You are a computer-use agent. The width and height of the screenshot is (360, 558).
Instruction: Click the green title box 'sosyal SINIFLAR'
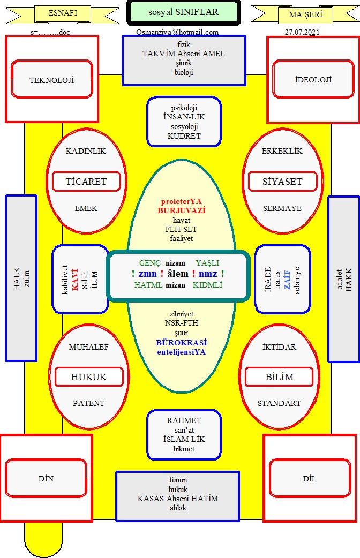point(183,12)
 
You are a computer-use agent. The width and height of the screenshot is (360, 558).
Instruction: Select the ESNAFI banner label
point(63,13)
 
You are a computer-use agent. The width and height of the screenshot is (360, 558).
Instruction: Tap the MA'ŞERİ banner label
point(305,14)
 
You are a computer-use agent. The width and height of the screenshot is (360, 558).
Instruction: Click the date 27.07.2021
point(302,32)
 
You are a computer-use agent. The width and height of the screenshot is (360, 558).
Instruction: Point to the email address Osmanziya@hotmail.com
point(177,32)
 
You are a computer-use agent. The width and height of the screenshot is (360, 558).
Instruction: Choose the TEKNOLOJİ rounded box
point(52,79)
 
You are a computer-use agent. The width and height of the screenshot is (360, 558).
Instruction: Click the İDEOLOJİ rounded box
point(313,79)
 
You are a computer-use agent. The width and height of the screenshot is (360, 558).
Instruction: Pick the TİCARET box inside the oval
point(86,182)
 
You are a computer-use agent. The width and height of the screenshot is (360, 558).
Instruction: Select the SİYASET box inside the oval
point(282,182)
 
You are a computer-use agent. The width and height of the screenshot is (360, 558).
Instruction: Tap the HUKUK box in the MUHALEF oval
point(89,377)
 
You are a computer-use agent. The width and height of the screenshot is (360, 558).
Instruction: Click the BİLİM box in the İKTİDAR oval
point(280,377)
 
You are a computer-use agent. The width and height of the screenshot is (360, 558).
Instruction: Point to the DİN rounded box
point(46,478)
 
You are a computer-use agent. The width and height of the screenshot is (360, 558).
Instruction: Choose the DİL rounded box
point(310,478)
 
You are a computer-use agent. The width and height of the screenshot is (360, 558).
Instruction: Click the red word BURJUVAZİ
point(182,210)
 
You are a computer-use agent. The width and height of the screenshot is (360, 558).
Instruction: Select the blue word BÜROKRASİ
point(181,343)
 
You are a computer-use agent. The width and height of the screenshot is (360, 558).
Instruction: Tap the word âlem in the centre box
point(178,274)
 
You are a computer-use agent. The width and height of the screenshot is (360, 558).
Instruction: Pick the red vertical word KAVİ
point(75,280)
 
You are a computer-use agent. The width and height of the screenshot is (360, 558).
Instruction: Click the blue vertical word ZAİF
point(287,280)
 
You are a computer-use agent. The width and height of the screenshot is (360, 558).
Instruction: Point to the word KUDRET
point(184,136)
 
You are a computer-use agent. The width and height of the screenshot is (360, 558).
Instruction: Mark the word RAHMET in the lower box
point(184,420)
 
